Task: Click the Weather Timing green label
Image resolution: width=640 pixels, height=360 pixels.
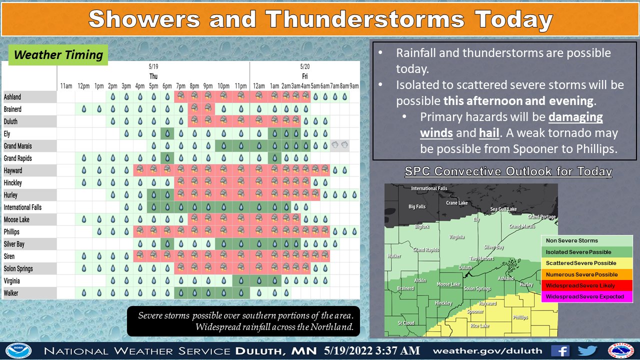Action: click(58, 55)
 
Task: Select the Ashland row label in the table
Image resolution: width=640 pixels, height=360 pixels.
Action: click(12, 97)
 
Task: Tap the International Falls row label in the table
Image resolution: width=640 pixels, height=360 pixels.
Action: click(22, 207)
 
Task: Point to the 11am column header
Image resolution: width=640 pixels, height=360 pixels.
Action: click(66, 85)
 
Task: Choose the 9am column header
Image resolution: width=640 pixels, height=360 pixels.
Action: click(354, 85)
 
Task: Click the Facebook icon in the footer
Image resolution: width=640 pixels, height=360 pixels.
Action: click(560, 351)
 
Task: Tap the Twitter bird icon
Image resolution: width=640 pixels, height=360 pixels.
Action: click(587, 350)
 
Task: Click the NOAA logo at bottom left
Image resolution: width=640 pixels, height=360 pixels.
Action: click(18, 351)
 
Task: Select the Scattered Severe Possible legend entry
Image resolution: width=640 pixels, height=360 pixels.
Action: click(581, 263)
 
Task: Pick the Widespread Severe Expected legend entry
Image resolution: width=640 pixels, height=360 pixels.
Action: click(584, 296)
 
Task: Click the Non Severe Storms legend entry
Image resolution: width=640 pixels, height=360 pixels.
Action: click(571, 240)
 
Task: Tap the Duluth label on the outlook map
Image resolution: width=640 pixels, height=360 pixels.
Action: click(465, 267)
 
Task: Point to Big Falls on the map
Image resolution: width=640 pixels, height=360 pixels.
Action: click(417, 206)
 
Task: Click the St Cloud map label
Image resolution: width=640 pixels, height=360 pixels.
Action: click(406, 323)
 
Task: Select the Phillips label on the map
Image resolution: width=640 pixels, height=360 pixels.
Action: click(520, 317)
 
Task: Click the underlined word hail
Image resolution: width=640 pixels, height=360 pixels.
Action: click(489, 133)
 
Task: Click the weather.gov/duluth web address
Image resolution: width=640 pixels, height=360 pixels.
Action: click(487, 351)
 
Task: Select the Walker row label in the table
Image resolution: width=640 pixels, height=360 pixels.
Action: click(11, 293)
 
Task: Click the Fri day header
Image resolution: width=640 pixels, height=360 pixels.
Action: click(305, 76)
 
